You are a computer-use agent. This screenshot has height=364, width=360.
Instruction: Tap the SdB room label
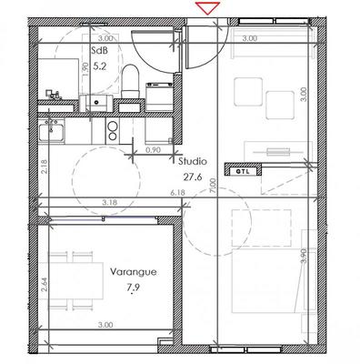100,52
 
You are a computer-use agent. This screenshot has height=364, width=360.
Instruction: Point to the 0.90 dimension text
153,151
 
